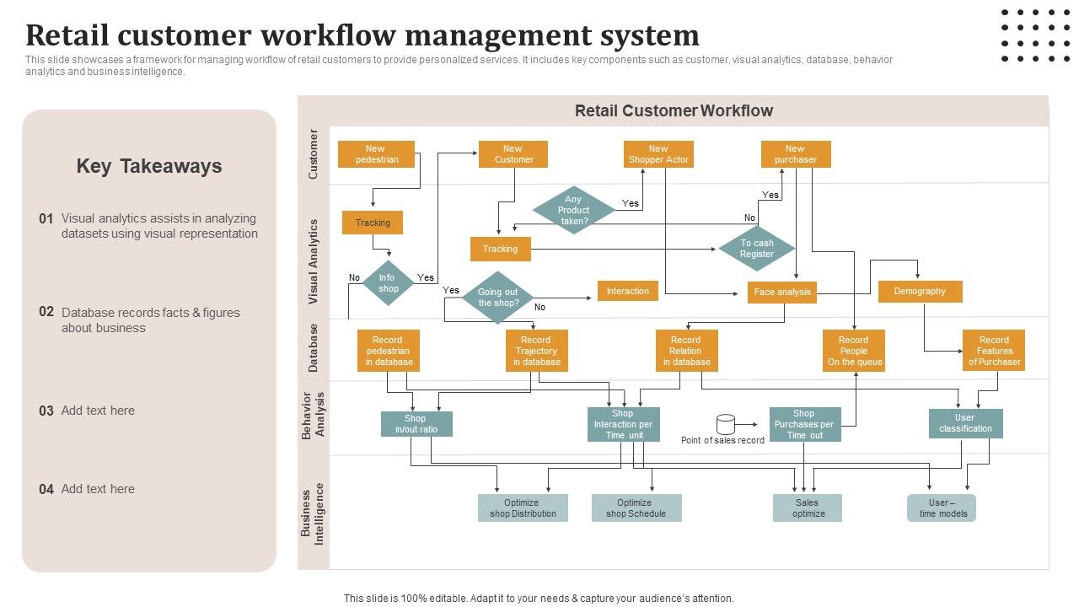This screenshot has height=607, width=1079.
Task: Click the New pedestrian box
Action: (376, 154)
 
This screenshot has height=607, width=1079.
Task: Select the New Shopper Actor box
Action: (658, 154)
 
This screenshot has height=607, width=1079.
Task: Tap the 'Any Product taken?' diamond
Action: (574, 211)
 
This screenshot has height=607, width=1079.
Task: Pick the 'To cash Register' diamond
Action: (757, 249)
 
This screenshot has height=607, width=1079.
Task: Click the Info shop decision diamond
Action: (388, 283)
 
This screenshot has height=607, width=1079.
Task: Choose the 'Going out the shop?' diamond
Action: (498, 298)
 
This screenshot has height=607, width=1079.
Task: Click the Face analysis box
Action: (782, 293)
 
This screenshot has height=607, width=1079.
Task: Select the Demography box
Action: (920, 292)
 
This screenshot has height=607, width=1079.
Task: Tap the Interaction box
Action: (628, 292)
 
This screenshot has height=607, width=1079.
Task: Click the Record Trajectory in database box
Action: (536, 351)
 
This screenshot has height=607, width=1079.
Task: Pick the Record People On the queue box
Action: (854, 351)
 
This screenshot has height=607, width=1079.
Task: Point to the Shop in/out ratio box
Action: (416, 424)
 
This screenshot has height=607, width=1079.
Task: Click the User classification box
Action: (965, 423)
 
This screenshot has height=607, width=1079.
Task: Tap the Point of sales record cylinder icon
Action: (725, 423)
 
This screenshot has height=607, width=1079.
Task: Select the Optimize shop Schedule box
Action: (636, 508)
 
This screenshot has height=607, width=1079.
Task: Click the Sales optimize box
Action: (808, 508)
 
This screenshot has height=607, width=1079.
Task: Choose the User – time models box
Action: (942, 508)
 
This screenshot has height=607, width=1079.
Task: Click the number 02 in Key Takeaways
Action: (46, 311)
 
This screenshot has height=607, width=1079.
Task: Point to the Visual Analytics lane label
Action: (314, 261)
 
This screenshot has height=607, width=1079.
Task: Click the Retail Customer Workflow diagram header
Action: (674, 111)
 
